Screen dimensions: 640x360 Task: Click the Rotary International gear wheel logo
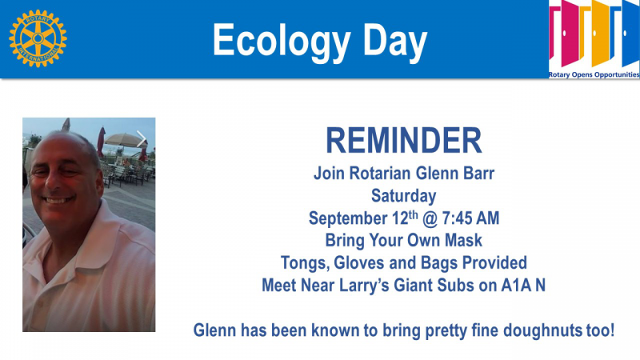(x=38, y=38)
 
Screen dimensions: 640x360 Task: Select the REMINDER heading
(x=404, y=141)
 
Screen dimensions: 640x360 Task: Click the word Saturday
(x=404, y=196)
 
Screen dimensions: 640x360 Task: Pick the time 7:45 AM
(x=470, y=218)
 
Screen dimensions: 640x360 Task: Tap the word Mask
(x=463, y=240)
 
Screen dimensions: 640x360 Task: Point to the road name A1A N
(x=523, y=286)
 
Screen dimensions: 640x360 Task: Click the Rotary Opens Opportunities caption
(x=594, y=74)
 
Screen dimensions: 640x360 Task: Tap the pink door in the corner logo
(x=570, y=33)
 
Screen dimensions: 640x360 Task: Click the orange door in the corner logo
(x=600, y=33)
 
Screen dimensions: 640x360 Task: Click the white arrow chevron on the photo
(x=142, y=139)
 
